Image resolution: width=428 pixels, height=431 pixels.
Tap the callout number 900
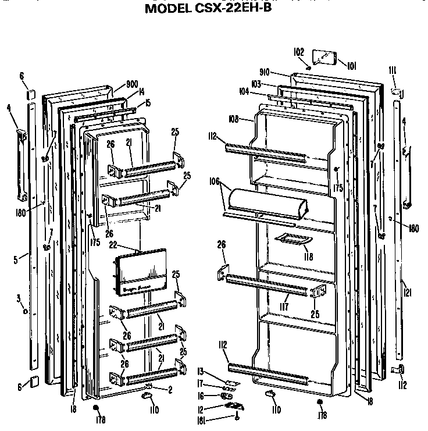pyautogui.click(x=132, y=83)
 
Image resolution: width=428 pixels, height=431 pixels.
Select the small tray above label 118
pyautogui.click(x=290, y=238)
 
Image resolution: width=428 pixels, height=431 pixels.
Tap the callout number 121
pyautogui.click(x=408, y=293)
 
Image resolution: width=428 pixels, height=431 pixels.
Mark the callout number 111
pyautogui.click(x=393, y=70)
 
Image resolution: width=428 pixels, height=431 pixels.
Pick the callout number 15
pyautogui.click(x=148, y=103)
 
